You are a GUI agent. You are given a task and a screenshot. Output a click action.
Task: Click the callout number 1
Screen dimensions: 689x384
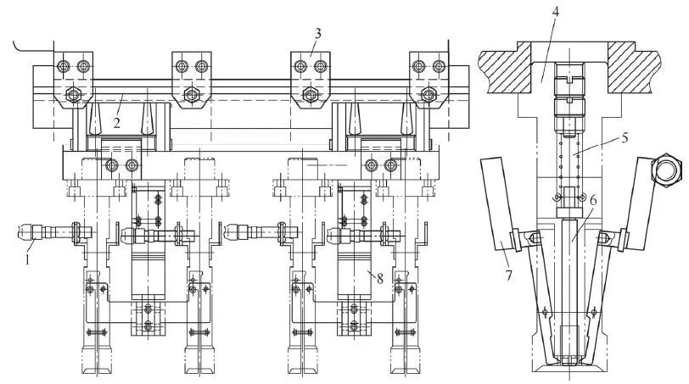pyautogui.click(x=27, y=259)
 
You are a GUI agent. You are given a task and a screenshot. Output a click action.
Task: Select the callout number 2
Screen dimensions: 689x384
pyautogui.click(x=116, y=123)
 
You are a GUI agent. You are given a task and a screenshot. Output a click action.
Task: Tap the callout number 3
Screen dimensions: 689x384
pyautogui.click(x=317, y=33)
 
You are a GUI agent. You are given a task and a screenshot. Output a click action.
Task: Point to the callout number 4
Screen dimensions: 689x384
pyautogui.click(x=555, y=12)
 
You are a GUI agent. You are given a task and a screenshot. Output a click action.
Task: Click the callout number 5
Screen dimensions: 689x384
pyautogui.click(x=624, y=138)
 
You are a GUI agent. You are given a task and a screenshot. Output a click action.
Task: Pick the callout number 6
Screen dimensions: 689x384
pyautogui.click(x=593, y=201)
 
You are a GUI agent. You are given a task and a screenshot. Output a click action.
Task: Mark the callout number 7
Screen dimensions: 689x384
pyautogui.click(x=508, y=275)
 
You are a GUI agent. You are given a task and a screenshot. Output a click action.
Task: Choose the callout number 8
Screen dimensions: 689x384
pyautogui.click(x=379, y=278)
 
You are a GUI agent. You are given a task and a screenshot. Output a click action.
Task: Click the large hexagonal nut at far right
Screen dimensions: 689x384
pyautogui.click(x=667, y=170)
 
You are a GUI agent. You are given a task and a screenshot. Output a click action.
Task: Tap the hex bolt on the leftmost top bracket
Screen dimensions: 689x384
pyautogui.click(x=72, y=94)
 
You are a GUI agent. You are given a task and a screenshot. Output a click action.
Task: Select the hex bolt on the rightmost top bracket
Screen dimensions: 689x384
pyautogui.click(x=429, y=94)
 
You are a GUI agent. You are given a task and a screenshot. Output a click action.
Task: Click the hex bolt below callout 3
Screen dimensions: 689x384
pyautogui.click(x=311, y=94)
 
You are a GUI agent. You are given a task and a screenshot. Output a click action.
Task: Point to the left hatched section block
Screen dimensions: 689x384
pyautogui.click(x=506, y=67)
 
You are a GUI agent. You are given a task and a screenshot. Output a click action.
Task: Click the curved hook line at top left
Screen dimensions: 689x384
pyautogui.click(x=31, y=47)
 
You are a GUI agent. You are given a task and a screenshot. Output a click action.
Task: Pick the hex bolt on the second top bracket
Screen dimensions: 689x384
pyautogui.click(x=192, y=94)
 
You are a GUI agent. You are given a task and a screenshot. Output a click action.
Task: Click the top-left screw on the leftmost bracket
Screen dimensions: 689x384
pyautogui.click(x=64, y=66)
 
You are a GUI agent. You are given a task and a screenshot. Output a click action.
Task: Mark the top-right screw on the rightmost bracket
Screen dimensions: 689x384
pyautogui.click(x=439, y=66)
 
